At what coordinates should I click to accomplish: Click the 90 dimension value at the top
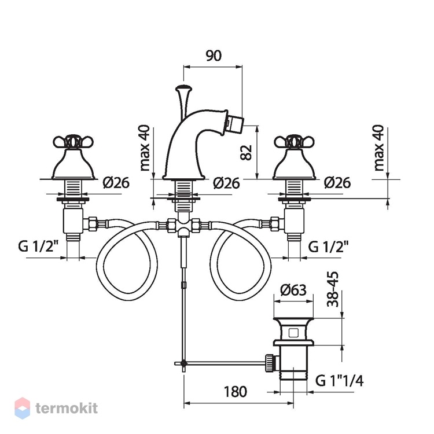tap(214, 56)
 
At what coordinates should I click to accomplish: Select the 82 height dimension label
tap(246, 153)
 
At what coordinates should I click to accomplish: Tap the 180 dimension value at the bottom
tap(235, 392)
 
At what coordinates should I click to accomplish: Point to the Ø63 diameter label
tap(293, 290)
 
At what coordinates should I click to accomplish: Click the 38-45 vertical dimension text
tap(333, 289)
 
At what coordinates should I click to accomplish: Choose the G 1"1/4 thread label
tap(339, 381)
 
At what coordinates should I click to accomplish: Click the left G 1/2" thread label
tap(38, 246)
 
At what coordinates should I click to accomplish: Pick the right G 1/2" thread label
tap(328, 247)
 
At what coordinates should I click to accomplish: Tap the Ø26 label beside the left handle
tap(116, 183)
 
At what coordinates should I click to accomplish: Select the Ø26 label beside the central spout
tap(226, 183)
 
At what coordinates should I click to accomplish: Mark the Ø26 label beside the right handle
tap(337, 183)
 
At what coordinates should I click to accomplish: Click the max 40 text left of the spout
tap(145, 148)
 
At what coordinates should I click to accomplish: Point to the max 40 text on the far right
tap(379, 148)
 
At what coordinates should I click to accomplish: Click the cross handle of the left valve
tap(73, 142)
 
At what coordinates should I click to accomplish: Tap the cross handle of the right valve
tap(294, 142)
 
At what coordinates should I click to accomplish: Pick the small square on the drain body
tap(293, 332)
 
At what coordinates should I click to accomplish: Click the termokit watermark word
tap(67, 409)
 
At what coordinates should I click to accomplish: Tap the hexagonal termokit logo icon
tap(22, 409)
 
